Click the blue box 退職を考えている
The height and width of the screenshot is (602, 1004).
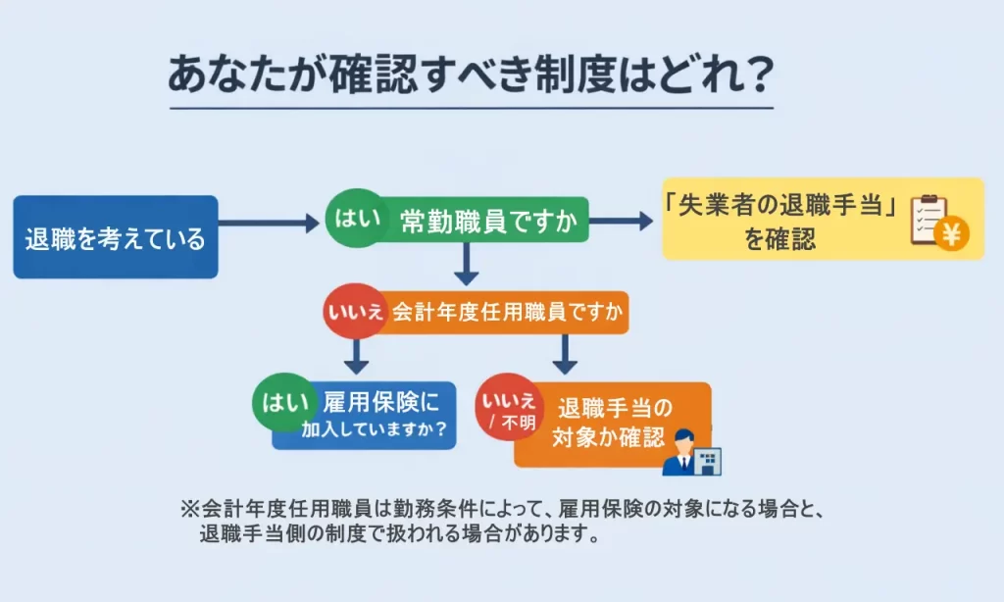115,237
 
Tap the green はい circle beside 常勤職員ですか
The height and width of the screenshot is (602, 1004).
352,218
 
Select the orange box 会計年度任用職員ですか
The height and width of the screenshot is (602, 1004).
506,313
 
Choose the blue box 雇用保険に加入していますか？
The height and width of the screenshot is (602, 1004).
377,415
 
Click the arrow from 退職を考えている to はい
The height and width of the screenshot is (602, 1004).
270,224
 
